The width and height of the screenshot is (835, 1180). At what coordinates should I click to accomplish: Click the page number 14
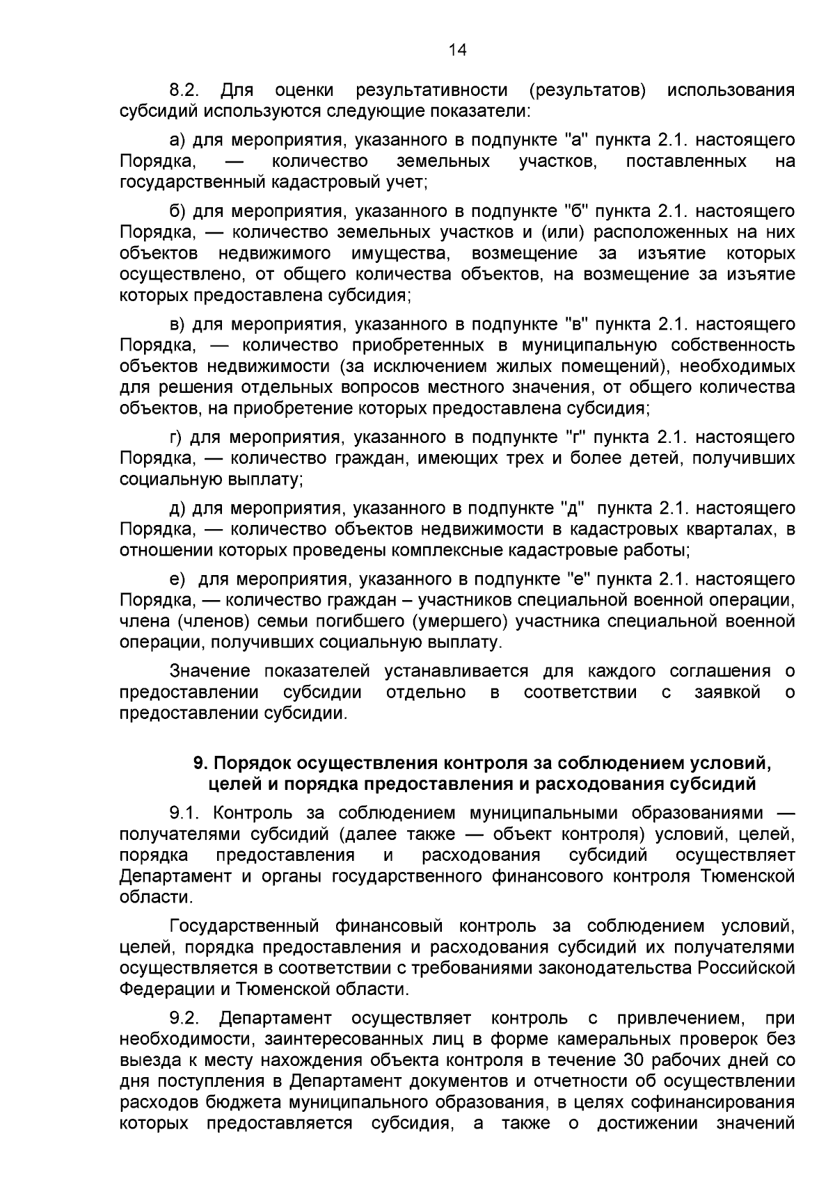coord(457,49)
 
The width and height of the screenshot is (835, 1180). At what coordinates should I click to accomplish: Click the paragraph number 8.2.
coord(185,90)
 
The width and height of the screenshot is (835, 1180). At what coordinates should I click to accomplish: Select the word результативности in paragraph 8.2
coord(431,90)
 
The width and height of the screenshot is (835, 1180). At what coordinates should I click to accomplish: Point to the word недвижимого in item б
coord(275,253)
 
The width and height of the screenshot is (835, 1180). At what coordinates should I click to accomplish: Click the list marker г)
coord(176,437)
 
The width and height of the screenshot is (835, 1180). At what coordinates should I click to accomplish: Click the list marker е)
coord(177,579)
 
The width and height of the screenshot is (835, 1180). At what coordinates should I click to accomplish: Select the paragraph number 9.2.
coord(185,1019)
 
